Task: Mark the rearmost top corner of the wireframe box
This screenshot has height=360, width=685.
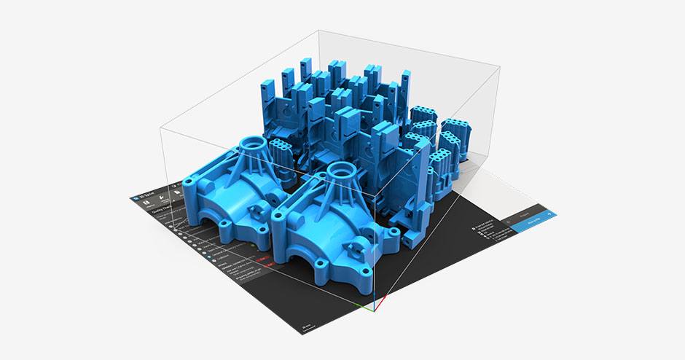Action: [x=318, y=30]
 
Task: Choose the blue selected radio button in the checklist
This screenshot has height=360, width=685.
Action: [x=174, y=226]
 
